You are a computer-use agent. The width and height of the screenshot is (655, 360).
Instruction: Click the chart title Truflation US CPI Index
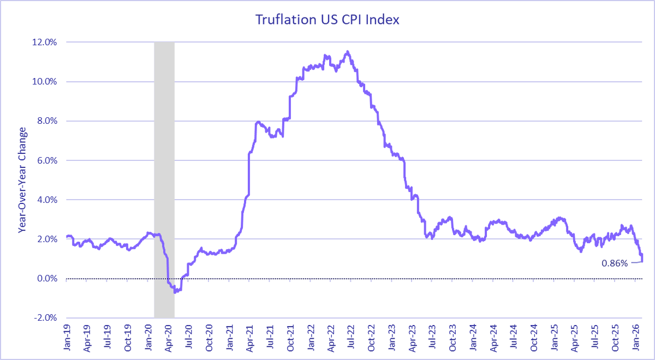coord(327,20)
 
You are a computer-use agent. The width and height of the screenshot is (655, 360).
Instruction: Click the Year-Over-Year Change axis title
coord(22,180)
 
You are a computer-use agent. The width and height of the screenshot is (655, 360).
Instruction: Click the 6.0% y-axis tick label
coord(47,160)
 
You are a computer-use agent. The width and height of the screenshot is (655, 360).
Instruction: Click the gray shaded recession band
coord(164,180)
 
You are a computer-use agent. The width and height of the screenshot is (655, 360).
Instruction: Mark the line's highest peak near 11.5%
coord(348,52)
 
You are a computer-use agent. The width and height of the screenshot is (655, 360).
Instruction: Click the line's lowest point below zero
coord(175,292)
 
